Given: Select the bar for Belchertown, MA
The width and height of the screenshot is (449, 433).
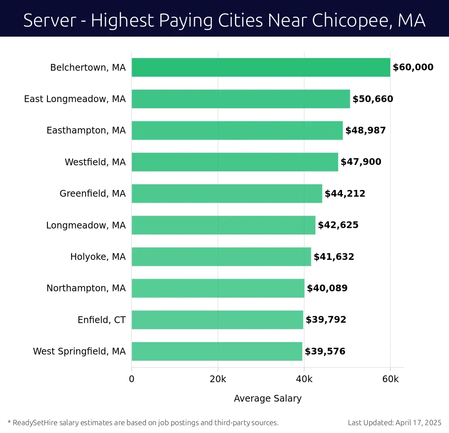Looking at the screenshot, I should coord(261,67).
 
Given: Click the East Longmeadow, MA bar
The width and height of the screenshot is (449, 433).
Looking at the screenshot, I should coord(241,99).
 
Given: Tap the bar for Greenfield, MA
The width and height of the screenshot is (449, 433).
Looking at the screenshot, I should coord(227,193).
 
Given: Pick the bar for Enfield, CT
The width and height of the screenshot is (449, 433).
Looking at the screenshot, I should coord(217,320).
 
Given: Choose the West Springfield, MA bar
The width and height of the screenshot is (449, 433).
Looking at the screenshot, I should coord(217,351).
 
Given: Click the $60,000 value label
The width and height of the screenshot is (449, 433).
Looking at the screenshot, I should coord(413,67).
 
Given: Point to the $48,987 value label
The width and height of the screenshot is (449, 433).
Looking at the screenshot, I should coord(365,130).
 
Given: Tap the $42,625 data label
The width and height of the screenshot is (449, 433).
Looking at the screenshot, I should coord(338,225).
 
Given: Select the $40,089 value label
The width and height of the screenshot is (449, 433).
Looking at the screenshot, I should coord(327,288).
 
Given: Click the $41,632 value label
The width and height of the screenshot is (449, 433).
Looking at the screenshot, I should coord(334,257).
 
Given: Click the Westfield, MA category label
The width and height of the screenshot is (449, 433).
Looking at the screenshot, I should coord(95,162).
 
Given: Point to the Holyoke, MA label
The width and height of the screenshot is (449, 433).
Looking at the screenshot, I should coord(98,257).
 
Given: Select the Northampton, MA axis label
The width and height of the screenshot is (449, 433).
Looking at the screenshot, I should coord(86,288).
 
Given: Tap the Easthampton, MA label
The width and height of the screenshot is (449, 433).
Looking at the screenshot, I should coord(86,130).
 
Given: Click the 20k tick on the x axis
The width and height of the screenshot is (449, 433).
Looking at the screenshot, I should coord(218,379).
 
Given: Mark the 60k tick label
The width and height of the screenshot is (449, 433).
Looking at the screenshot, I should coord(390,379).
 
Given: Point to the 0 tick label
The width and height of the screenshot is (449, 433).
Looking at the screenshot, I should coord(132,379).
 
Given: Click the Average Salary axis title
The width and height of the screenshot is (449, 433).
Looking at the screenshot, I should coord(268,399).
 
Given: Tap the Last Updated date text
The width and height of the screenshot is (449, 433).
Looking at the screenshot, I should coord(394,423).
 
